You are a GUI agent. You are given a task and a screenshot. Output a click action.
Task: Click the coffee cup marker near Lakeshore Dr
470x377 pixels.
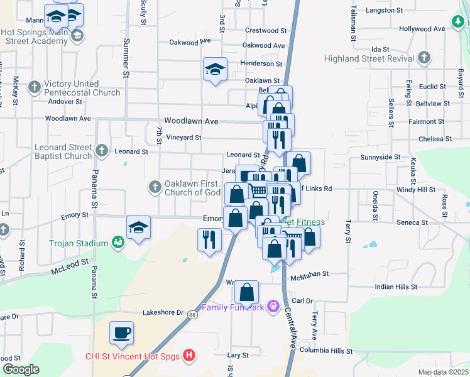[121, 332]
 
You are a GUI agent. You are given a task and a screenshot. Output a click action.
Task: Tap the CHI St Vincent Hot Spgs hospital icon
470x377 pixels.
[188, 356]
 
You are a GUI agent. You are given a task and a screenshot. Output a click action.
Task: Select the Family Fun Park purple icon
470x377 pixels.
[273, 306]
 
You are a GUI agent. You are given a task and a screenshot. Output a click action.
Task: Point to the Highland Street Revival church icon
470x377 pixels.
[424, 58]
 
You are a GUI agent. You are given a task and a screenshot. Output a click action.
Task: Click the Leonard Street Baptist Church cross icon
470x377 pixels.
[102, 151]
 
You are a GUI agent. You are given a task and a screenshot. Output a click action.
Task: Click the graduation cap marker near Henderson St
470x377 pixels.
[215, 69]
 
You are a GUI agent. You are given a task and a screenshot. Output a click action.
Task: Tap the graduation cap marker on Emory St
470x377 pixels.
[139, 228]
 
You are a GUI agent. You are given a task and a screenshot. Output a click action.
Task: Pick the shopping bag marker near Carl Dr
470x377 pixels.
[248, 292]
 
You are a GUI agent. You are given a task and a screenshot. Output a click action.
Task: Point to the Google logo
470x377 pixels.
[21, 369]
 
